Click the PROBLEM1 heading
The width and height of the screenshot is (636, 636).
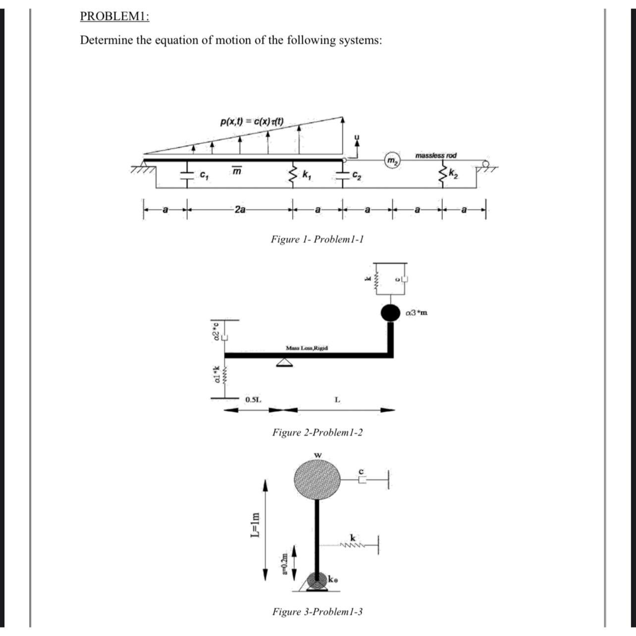pos(115,16)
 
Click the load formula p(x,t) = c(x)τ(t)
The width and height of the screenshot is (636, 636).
pos(252,121)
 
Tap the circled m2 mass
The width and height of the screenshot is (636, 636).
pos(392,161)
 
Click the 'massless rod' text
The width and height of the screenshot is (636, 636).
pos(436,156)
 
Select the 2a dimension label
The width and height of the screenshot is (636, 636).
pos(240,210)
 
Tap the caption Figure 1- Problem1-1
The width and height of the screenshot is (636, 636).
pos(318,239)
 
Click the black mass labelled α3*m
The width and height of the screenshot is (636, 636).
pos(390,313)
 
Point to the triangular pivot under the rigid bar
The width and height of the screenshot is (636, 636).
pos(283,363)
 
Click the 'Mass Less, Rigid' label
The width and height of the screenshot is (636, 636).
pos(307,348)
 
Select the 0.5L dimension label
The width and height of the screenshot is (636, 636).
pos(254,399)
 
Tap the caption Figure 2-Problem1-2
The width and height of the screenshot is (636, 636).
pos(318,432)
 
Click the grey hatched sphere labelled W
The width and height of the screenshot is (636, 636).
pos(318,479)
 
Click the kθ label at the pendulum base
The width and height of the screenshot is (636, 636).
pos(333,578)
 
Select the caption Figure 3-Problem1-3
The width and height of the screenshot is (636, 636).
pos(318,611)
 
